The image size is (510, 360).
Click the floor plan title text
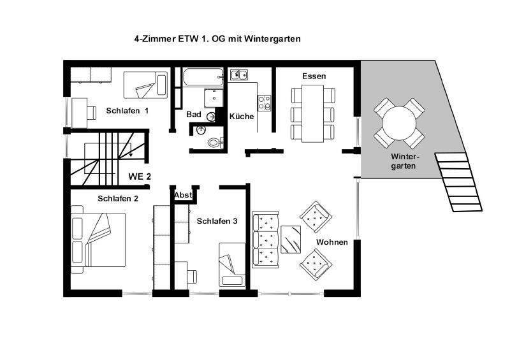[x=217, y=39]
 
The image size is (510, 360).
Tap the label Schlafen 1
[x=127, y=111]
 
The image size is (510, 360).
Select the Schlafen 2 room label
[x=118, y=198]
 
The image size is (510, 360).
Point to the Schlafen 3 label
[x=217, y=221]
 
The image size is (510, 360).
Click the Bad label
[x=194, y=115]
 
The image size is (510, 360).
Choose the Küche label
[x=242, y=117]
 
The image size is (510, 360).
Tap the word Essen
[x=314, y=76]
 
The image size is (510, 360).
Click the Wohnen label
[x=331, y=242]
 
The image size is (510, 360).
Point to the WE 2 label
[x=140, y=176]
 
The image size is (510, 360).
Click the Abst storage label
[x=184, y=195]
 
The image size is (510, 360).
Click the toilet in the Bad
[x=212, y=141]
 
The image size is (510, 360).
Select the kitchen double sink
[x=240, y=75]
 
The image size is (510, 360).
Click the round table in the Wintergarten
[x=399, y=120]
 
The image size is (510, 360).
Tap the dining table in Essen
[x=313, y=114]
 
